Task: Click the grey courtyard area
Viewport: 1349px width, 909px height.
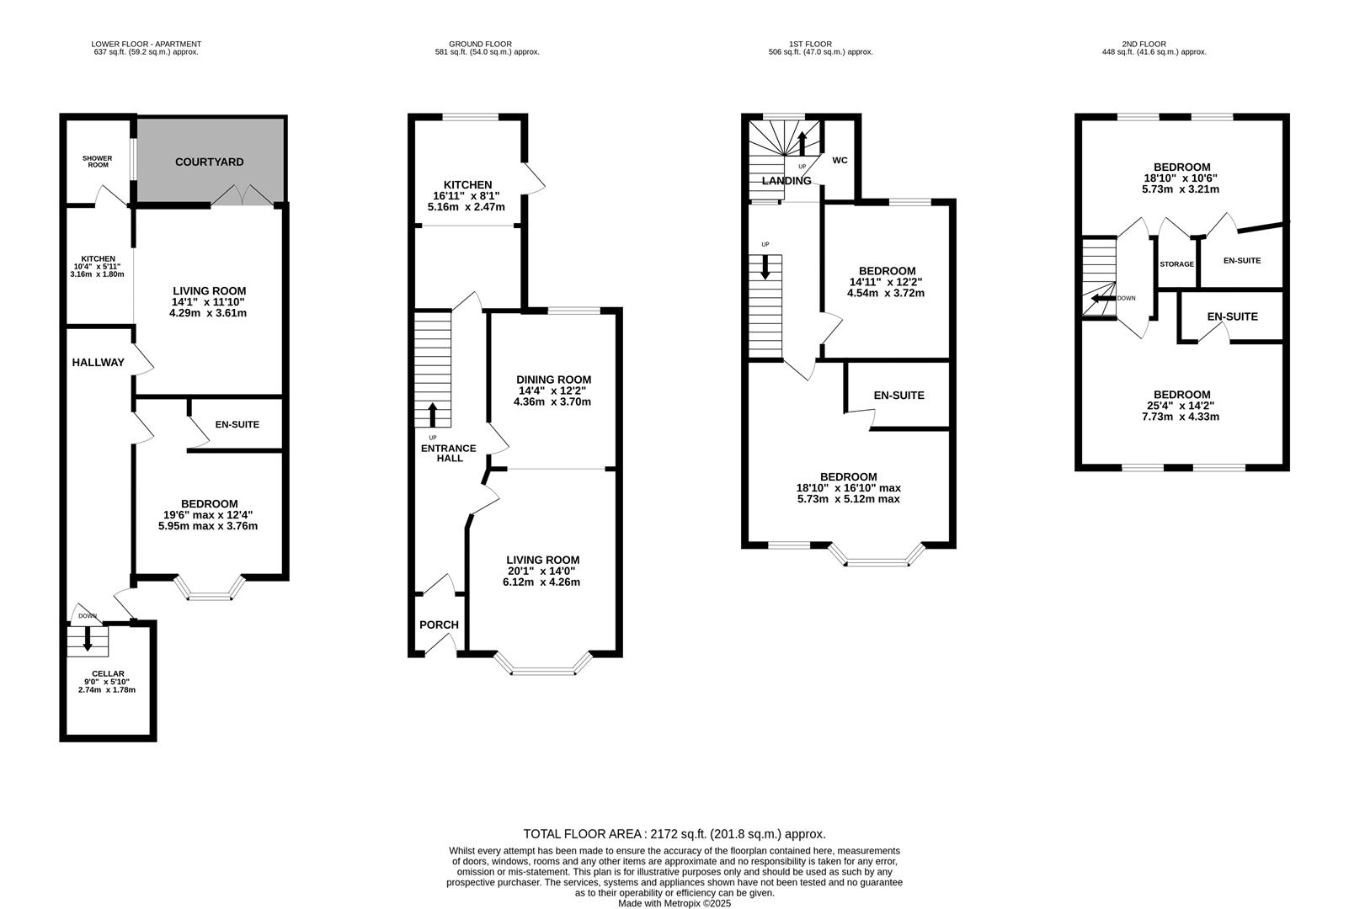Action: click(211, 161)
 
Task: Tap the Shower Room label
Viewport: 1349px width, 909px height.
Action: click(97, 161)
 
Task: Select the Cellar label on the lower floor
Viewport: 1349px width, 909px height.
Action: click(109, 673)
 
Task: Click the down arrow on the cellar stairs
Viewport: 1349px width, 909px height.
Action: click(88, 642)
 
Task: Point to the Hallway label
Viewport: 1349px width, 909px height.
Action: click(98, 363)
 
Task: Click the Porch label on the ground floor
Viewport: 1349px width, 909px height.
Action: click(439, 625)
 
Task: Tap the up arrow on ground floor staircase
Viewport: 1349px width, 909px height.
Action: click(433, 415)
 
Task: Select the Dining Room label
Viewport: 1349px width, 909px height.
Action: click(553, 380)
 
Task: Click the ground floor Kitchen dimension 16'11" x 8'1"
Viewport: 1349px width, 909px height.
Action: click(467, 195)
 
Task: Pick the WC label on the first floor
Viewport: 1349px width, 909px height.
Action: click(840, 160)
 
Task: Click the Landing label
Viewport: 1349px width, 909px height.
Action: click(786, 181)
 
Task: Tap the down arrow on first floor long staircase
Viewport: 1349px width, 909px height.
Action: click(765, 268)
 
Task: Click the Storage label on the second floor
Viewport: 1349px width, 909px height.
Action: click(1176, 264)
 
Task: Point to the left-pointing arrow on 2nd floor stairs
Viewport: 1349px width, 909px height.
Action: click(1099, 298)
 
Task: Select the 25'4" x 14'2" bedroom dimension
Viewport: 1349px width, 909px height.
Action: click(1181, 406)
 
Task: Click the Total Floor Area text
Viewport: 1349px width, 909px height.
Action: click(674, 834)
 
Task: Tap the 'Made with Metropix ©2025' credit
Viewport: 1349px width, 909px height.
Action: click(674, 903)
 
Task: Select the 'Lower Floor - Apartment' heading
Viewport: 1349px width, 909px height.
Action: click(147, 44)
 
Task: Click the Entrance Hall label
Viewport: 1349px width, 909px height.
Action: click(448, 453)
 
